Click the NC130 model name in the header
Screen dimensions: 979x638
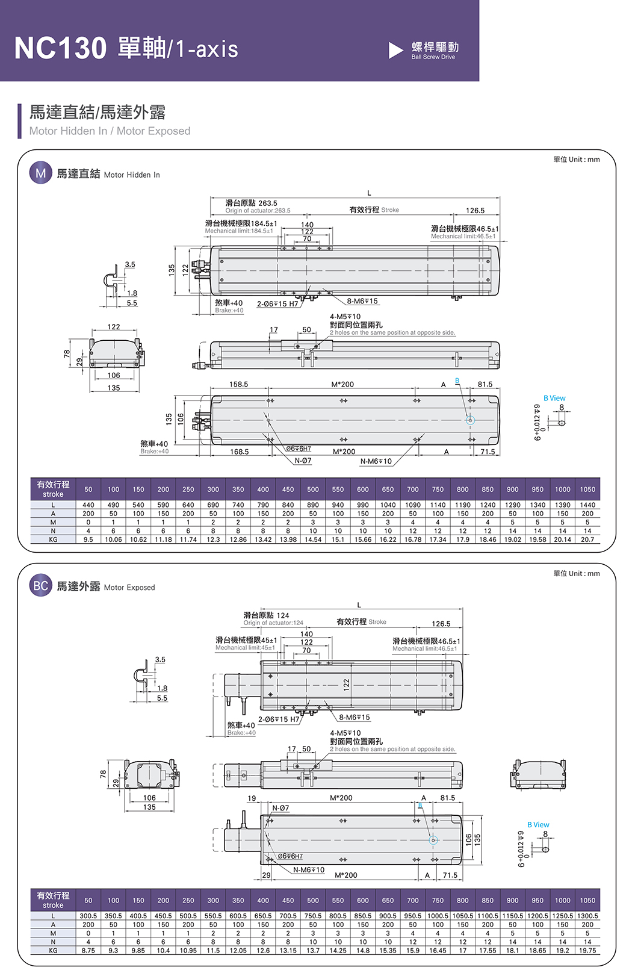point(60,48)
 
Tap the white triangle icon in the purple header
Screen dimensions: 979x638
point(395,50)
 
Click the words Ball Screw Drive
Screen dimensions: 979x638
point(433,57)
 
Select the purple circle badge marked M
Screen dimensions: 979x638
point(40,173)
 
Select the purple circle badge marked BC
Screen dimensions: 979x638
point(40,586)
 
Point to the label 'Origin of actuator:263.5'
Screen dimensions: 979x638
point(258,211)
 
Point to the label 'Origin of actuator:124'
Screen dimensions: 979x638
point(273,623)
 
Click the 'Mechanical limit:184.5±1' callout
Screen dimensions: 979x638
point(238,231)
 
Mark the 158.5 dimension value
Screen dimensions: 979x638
point(239,384)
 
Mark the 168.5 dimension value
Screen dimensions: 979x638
point(239,452)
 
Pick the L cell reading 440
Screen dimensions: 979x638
point(88,505)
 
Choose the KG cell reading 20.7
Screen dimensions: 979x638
point(587,539)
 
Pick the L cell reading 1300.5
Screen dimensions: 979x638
point(587,916)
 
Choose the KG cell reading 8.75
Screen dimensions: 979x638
point(88,950)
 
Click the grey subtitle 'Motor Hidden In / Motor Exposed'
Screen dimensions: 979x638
point(110,131)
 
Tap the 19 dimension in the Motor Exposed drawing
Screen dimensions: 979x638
point(252,798)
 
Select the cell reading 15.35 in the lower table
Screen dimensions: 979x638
point(388,950)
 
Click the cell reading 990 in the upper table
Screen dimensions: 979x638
point(363,505)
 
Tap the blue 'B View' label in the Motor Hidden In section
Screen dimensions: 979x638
point(554,398)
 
